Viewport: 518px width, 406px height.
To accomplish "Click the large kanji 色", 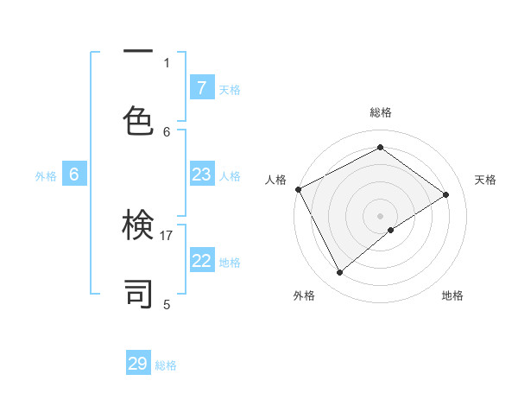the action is point(138,117).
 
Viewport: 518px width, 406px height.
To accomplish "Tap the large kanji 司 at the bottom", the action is point(138,294).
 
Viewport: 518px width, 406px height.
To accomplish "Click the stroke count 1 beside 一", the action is point(167,62).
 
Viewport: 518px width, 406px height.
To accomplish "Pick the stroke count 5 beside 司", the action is point(167,304).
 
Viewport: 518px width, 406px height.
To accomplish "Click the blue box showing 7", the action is point(201,88).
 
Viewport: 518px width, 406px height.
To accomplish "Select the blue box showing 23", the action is point(201,174).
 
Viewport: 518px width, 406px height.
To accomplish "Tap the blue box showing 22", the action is point(201,261).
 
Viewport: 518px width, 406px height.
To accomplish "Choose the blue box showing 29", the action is point(138,364).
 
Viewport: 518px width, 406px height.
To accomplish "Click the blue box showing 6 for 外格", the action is point(74,174).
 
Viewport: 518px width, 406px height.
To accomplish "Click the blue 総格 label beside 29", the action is point(166,365).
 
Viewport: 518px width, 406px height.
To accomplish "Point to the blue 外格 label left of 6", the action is point(46,175).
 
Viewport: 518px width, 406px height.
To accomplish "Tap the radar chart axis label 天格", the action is point(485,180).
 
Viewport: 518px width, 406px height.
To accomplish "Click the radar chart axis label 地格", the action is point(452,295).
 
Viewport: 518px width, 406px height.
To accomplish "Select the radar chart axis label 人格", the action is point(275,180).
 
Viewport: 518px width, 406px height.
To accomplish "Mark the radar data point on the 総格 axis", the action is point(380,148).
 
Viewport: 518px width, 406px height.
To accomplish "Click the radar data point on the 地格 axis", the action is point(391,230).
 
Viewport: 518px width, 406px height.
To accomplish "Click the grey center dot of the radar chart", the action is point(380,214).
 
